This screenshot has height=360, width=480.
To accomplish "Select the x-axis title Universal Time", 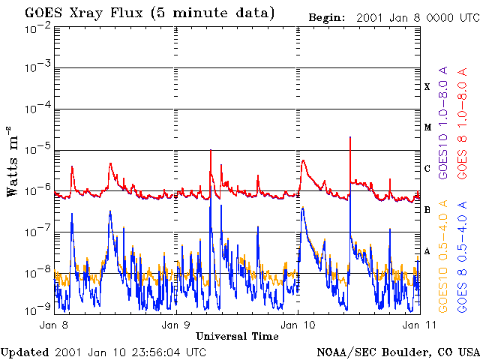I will coord(237,336).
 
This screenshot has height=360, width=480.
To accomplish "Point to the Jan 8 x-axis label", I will coord(55,325).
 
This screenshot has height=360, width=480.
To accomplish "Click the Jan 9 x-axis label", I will coord(175,325).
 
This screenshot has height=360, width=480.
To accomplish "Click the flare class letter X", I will coord(427,87).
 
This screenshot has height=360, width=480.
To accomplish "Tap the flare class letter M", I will coord(427,127).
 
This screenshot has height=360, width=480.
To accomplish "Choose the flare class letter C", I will coord(427,169).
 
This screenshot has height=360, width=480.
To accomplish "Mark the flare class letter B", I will coord(427,210).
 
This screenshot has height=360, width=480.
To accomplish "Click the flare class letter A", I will coord(427,251).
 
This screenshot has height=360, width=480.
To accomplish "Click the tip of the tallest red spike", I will coord(349,138).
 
